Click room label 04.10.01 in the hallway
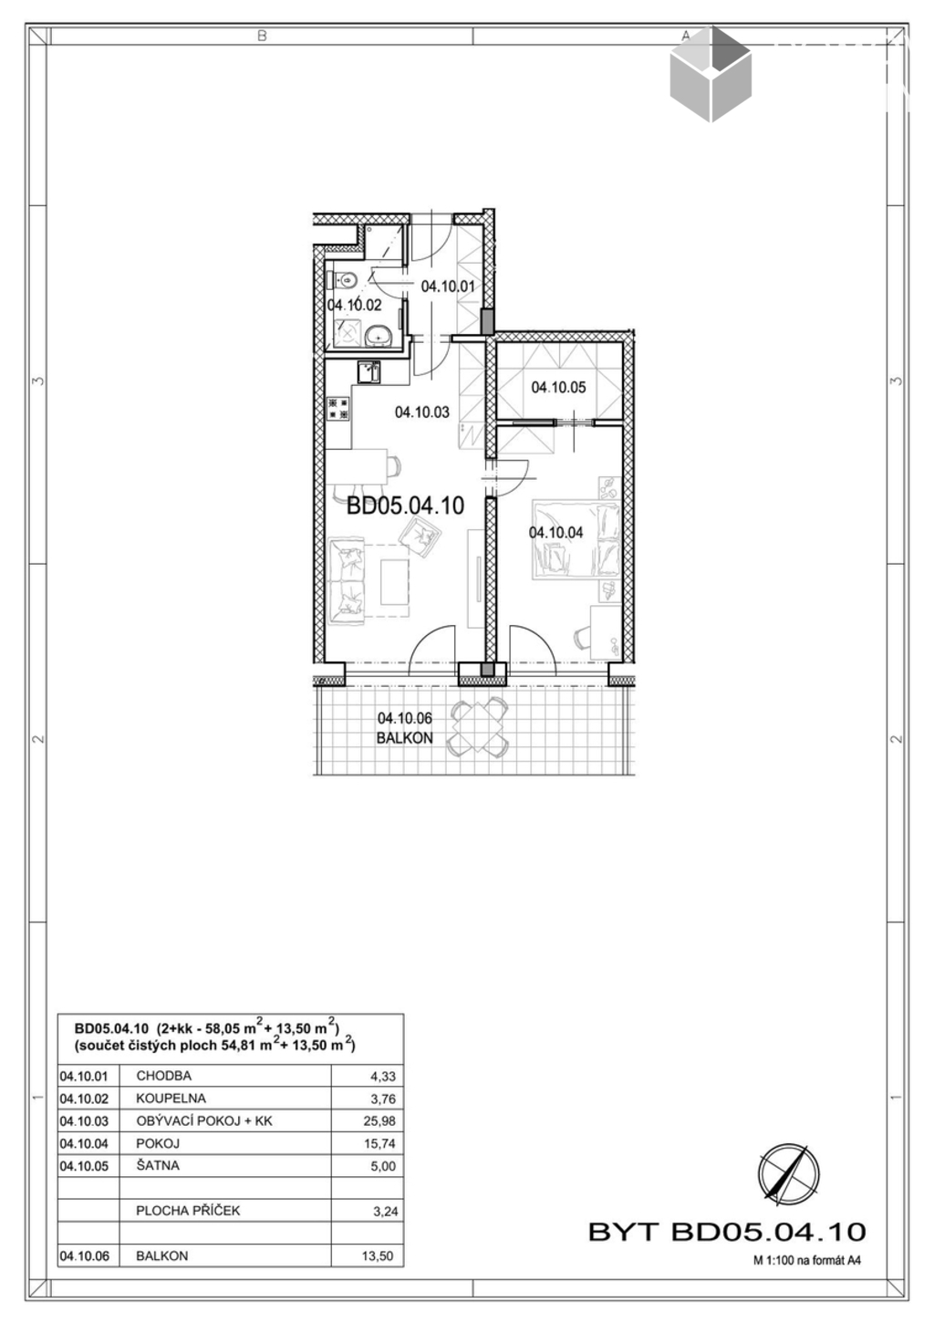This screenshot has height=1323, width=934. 448,286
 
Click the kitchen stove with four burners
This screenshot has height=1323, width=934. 339,409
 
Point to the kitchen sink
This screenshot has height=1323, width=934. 368,372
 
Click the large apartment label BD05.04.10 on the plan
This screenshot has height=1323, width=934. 405,505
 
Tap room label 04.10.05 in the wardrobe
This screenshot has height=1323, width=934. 558,388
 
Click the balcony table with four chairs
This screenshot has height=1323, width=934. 478,728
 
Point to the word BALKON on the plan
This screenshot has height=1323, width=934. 404,738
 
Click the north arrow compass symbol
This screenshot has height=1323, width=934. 788,1172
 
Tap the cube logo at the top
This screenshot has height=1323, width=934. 711,74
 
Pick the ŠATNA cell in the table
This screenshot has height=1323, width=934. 158,1165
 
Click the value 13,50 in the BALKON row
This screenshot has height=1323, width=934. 378,1255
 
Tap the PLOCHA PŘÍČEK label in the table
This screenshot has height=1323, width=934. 188,1211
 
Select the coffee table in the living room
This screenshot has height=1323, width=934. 395,582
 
